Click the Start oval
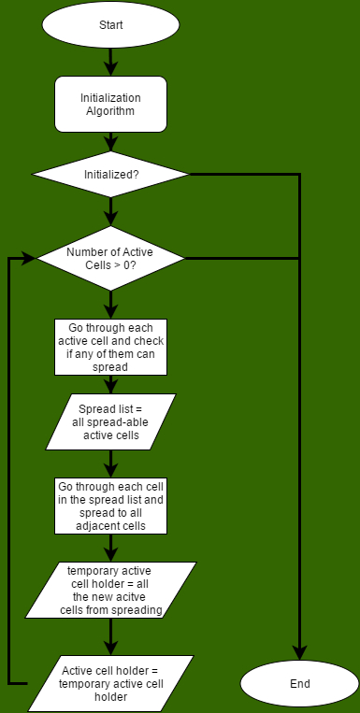pos(110,25)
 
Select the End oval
pos(299,683)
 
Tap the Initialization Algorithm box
pos(110,104)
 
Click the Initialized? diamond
pos(110,174)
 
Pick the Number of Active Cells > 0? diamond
pos(110,258)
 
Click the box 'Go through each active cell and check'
pos(110,348)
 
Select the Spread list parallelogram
pos(110,421)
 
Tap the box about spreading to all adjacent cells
pos(110,506)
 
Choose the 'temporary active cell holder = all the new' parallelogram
pos(110,590)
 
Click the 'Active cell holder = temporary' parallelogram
pos(110,683)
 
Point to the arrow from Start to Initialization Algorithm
pos(110,62)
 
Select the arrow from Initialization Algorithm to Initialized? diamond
pos(110,140)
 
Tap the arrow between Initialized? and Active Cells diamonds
pos(110,211)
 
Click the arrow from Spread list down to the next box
pos(110,463)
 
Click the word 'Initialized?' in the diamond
pos(110,174)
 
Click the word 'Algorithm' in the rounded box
pos(110,111)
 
